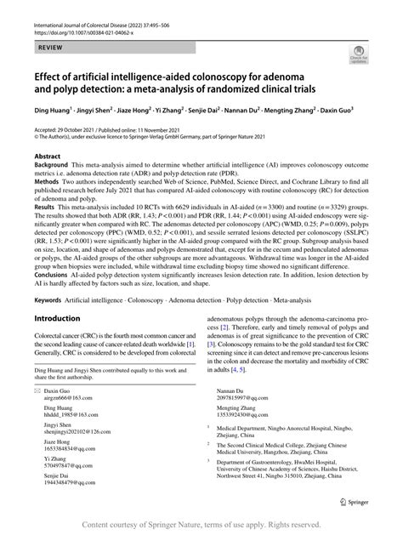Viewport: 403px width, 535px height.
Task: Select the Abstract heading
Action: point(46,157)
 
